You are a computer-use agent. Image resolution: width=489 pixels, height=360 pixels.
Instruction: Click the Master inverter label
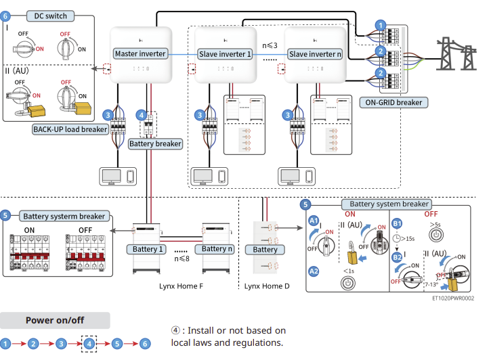[x=140, y=53]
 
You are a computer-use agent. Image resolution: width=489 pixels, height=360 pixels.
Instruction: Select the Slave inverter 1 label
[x=225, y=53]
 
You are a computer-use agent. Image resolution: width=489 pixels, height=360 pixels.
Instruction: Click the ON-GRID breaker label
[x=394, y=103]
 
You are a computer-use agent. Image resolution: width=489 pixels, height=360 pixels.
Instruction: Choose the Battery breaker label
[x=155, y=143]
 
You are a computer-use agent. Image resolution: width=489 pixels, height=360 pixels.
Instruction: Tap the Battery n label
[x=219, y=249]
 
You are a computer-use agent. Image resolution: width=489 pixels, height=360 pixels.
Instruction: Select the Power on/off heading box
[x=55, y=320]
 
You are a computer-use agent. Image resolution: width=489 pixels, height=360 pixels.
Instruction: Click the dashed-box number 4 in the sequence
[x=89, y=344]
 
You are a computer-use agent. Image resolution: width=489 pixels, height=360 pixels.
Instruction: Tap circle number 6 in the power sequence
[x=146, y=344]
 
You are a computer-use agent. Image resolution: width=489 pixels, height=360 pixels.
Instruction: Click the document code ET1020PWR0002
[x=452, y=297]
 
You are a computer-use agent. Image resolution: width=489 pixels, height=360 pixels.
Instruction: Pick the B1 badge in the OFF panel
[x=398, y=222]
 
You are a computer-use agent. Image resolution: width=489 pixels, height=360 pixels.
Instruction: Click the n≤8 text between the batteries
[x=181, y=258]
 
